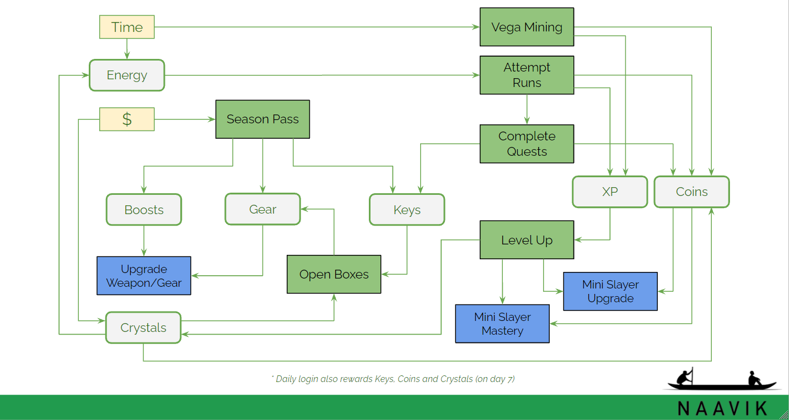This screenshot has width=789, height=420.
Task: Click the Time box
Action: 127,27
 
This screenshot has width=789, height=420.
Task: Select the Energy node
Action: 127,75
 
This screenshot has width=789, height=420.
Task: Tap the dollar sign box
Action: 127,119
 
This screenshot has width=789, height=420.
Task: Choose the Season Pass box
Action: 262,119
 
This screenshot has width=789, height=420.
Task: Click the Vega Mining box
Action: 527,27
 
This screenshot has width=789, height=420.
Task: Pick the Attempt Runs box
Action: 527,75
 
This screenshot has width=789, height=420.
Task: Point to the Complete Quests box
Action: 527,144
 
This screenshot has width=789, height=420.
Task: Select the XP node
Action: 610,192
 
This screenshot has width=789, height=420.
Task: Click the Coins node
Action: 691,192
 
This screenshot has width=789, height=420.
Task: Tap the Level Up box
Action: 527,240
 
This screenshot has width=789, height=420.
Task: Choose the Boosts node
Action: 144,210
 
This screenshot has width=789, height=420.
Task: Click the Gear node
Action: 262,209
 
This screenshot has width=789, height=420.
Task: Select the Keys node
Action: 407,210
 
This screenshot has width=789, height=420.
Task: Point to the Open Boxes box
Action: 334,274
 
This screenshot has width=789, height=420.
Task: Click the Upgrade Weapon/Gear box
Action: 144,276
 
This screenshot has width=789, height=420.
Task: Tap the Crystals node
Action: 143,328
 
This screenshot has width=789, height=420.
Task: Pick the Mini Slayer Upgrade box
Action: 610,291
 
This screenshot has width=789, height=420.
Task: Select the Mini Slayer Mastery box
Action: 502,324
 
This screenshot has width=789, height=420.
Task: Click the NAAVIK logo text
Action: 722,408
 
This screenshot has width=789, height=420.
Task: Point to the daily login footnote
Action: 393,379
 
